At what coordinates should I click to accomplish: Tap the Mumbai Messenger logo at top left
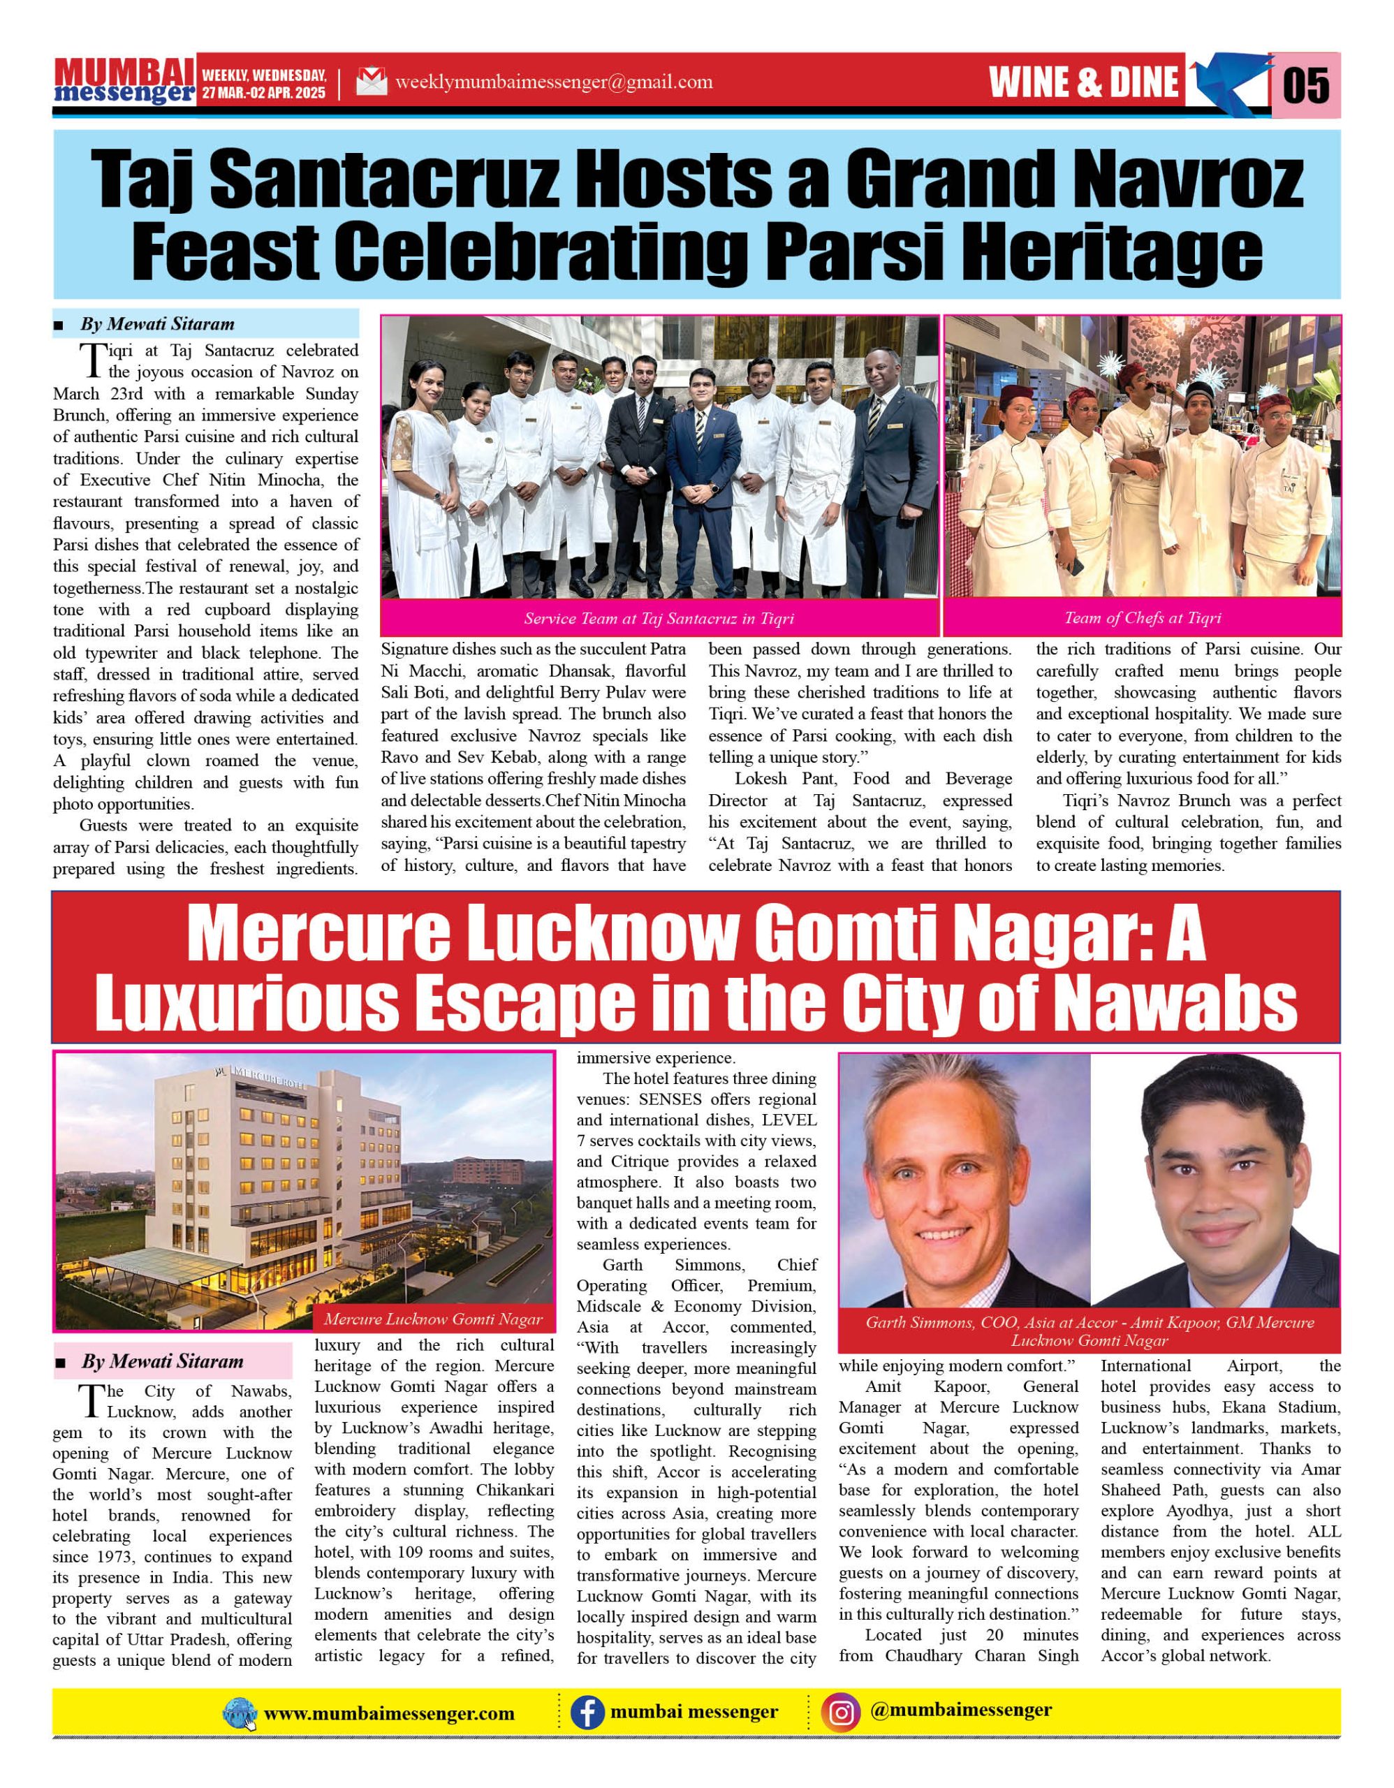124,82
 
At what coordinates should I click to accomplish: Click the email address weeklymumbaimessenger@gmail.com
553,82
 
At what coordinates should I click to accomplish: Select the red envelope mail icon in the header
372,82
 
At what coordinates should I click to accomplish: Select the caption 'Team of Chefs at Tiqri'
1143,618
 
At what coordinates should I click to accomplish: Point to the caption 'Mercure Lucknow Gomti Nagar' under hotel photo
433,1319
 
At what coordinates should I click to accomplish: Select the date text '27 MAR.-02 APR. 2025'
263,92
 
